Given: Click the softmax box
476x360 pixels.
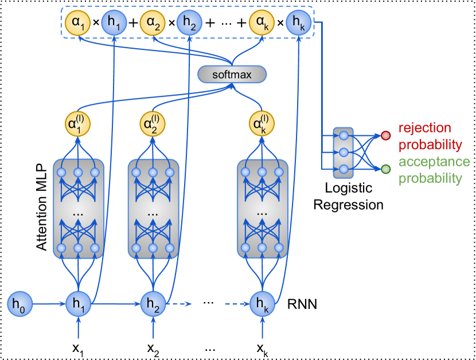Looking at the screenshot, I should pyautogui.click(x=232, y=75).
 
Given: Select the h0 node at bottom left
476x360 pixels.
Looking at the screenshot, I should pyautogui.click(x=19, y=304).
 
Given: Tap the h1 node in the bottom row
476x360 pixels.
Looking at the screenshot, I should pyautogui.click(x=78, y=304).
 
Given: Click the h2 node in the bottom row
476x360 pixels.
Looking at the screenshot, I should pyautogui.click(x=153, y=304).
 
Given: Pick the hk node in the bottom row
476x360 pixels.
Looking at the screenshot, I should pyautogui.click(x=262, y=304).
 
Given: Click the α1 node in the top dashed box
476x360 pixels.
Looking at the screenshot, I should pyautogui.click(x=77, y=23).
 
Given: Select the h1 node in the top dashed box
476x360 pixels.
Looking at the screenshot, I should pyautogui.click(x=114, y=23).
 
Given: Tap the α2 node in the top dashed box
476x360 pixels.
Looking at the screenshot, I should pyautogui.click(x=152, y=23).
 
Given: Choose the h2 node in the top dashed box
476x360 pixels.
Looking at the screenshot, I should pyautogui.click(x=189, y=23).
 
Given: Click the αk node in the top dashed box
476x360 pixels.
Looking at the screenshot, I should pyautogui.click(x=261, y=23).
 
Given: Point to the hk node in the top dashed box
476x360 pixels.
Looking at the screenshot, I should pyautogui.click(x=298, y=23).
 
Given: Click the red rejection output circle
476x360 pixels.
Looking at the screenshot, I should pyautogui.click(x=386, y=136).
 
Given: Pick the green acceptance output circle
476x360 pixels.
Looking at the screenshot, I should pyautogui.click(x=386, y=169).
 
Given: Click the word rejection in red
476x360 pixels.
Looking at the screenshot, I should pyautogui.click(x=424, y=128).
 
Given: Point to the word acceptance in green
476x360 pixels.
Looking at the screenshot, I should pyautogui.click(x=434, y=162).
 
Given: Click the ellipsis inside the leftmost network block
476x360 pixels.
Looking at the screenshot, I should pyautogui.click(x=78, y=212).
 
